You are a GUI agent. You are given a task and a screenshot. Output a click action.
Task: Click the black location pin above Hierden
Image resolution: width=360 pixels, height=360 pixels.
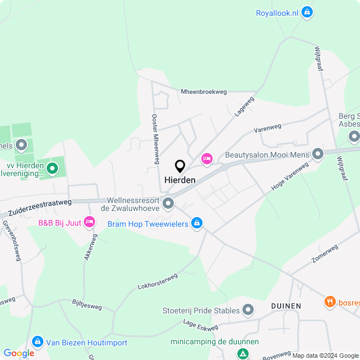tap(180, 166)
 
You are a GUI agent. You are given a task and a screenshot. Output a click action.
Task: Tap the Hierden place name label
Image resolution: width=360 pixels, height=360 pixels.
tap(180, 180)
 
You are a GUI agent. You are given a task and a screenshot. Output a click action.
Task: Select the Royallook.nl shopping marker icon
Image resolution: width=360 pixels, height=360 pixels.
tap(307, 12)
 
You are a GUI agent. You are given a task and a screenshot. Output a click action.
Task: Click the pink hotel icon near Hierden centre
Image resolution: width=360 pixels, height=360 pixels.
tap(207, 159)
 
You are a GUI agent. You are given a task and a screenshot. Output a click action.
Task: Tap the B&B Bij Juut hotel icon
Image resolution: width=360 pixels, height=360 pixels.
tap(89, 222)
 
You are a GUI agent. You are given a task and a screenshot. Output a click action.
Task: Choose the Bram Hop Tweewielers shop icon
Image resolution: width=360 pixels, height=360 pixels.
tap(196, 224)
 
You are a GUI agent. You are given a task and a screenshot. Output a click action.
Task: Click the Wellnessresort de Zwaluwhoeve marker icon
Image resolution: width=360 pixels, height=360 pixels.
tap(168, 202)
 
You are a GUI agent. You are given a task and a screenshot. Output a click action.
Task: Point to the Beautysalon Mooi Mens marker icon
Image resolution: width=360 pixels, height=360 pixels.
tap(318, 154)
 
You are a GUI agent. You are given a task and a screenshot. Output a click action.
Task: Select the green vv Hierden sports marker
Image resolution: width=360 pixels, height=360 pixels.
tap(52, 168)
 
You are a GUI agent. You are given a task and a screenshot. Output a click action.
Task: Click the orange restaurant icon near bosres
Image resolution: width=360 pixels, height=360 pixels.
tap(330, 302)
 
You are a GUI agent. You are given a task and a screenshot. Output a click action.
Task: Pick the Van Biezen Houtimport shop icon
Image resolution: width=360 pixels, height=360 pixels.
tap(38, 341)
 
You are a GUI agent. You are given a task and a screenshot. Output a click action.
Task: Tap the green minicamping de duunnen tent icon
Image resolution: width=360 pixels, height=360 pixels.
tap(242, 353)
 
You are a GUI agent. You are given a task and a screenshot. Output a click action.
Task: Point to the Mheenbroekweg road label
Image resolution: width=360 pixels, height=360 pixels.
tap(203, 92)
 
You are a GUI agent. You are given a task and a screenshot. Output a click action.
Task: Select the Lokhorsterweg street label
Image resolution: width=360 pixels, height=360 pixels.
tap(157, 281)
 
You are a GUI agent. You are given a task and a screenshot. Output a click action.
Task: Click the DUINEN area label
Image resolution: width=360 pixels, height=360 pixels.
tap(286, 306)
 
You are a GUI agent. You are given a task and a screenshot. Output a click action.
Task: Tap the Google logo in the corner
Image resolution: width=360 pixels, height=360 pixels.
tap(19, 353)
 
